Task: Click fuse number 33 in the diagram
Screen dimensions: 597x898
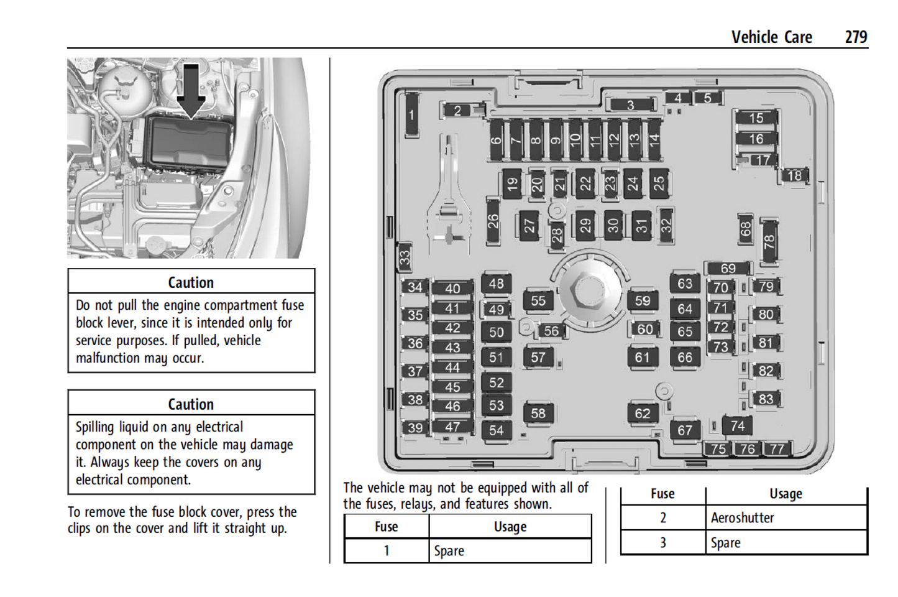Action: click(x=405, y=257)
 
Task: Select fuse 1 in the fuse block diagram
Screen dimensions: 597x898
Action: click(x=411, y=115)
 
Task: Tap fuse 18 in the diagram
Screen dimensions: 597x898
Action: click(x=794, y=176)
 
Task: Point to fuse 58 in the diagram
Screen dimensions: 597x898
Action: click(x=538, y=413)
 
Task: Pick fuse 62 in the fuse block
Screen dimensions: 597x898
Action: click(x=643, y=414)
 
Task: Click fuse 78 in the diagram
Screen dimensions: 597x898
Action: click(x=769, y=241)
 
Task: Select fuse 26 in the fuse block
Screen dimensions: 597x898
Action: click(x=493, y=221)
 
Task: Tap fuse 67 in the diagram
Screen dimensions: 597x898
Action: click(x=685, y=430)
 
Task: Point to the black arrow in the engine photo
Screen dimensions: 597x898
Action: click(x=191, y=91)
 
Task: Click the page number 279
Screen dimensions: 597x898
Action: click(x=856, y=37)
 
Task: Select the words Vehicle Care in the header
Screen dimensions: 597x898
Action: click(x=771, y=37)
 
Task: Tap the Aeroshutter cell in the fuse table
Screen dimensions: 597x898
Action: click(x=743, y=518)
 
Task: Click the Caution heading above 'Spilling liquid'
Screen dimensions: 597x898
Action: click(x=191, y=404)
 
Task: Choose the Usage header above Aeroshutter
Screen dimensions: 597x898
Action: click(x=786, y=494)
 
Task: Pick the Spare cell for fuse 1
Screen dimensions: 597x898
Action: click(x=449, y=551)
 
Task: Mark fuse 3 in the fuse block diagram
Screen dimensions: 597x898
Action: click(x=631, y=105)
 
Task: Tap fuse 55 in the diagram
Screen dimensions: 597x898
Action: click(x=538, y=301)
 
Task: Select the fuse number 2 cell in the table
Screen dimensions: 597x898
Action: click(x=662, y=518)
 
